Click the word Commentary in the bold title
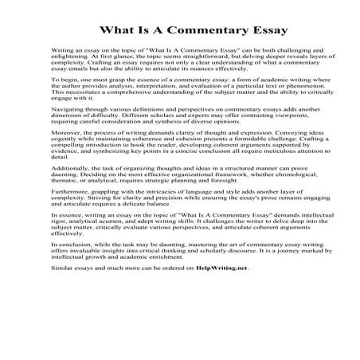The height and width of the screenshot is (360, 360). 190,29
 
